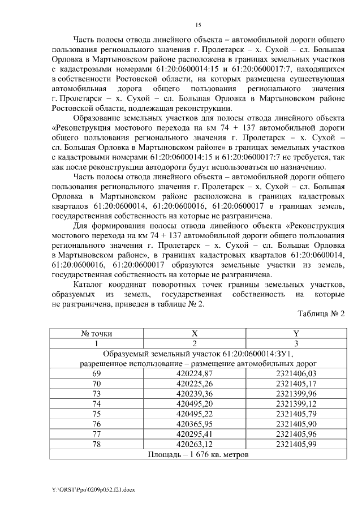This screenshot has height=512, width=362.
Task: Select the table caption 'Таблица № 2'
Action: tap(321, 313)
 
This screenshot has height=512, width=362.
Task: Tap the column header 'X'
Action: tap(195, 334)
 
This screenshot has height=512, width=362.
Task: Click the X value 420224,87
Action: tap(195, 373)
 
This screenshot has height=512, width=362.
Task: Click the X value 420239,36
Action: tap(195, 393)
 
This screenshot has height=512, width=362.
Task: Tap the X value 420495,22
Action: tap(195, 413)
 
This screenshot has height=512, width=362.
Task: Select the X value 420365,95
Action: tap(195, 423)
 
